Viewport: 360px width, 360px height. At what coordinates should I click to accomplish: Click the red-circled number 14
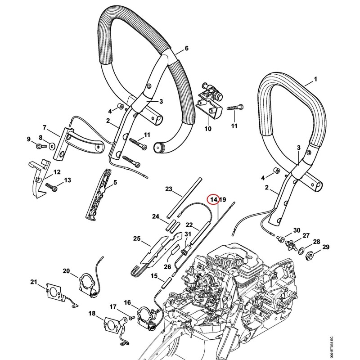coord(213,200)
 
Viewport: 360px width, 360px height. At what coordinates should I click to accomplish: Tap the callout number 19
coord(222,200)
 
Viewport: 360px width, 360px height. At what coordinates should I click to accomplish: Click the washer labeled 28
coord(301,251)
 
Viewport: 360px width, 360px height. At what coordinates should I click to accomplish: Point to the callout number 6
coord(186,48)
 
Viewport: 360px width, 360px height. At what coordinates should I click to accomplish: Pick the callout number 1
coord(315,79)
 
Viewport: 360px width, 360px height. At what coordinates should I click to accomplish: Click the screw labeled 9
coord(40,146)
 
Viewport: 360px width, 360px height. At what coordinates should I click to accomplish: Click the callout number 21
coord(34,282)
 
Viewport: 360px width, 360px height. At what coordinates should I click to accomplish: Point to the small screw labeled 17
coord(132,318)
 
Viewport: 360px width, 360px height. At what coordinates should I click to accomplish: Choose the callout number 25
coord(137,238)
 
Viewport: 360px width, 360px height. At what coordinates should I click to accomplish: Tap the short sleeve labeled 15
coord(165,283)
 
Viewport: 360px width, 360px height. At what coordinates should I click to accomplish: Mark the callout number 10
coord(208,129)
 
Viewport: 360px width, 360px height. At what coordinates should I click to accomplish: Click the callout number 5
coord(115,182)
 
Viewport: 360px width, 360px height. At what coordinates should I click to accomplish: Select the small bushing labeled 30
coord(280,239)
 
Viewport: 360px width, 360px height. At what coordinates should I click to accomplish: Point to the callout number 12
coord(57,172)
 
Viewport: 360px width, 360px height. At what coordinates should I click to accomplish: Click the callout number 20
coord(66,271)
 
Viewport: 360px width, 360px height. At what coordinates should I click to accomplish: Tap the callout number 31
coord(188,234)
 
